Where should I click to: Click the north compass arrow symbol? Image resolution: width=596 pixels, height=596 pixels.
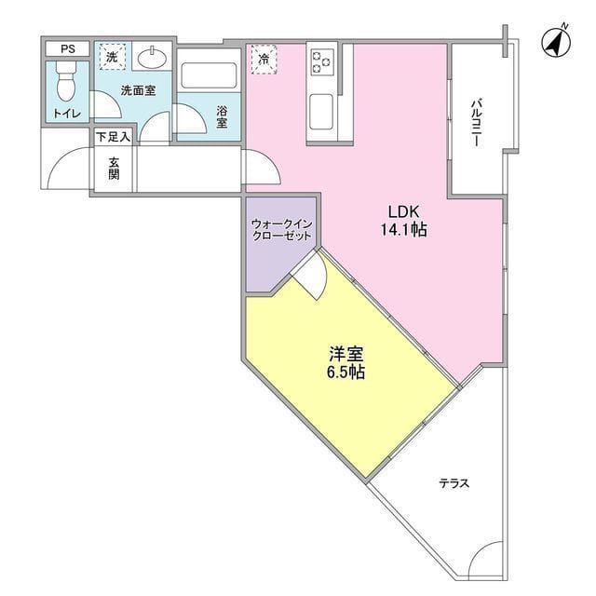pyautogui.click(x=557, y=42)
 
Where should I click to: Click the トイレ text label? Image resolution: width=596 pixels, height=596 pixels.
pyautogui.click(x=66, y=114)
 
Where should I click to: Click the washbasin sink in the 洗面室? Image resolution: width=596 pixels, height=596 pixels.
pyautogui.click(x=153, y=59)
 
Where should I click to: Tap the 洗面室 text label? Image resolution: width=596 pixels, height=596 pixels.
pyautogui.click(x=138, y=91)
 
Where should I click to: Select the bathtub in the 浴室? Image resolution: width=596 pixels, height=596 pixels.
pyautogui.click(x=209, y=75)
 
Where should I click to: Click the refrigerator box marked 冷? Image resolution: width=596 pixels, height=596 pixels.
pyautogui.click(x=264, y=60)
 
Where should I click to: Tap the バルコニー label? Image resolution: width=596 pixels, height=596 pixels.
pyautogui.click(x=475, y=120)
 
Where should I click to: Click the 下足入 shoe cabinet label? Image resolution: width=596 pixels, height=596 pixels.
pyautogui.click(x=114, y=136)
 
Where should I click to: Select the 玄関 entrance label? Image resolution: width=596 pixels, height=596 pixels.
pyautogui.click(x=114, y=169)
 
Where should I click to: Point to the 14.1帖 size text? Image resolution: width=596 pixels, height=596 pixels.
pyautogui.click(x=405, y=230)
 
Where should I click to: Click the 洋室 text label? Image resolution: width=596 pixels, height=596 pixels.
pyautogui.click(x=345, y=354)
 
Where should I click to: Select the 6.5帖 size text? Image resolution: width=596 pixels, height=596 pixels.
pyautogui.click(x=345, y=372)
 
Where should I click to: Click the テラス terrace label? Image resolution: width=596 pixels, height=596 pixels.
pyautogui.click(x=454, y=483)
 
